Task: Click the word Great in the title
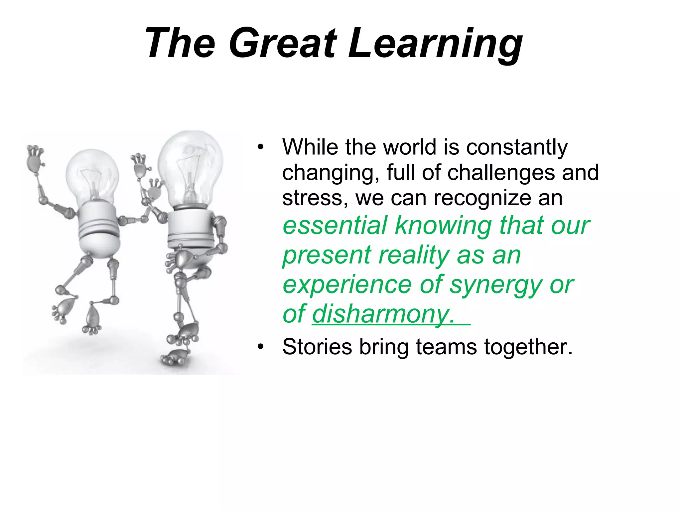[283, 44]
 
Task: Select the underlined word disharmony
[383, 314]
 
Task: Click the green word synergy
[495, 285]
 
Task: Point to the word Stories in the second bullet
[317, 347]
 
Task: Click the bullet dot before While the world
[260, 147]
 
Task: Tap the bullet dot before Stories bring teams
[260, 347]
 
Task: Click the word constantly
[517, 147]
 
